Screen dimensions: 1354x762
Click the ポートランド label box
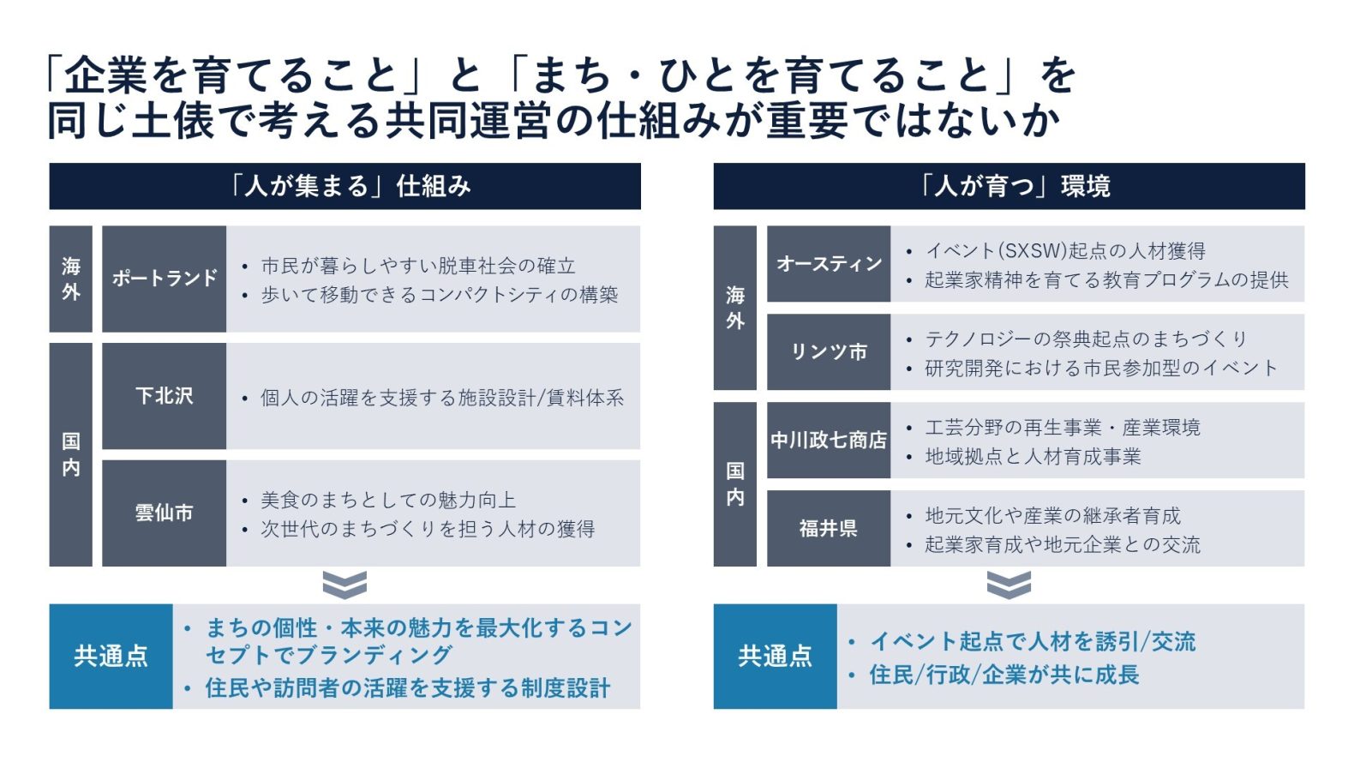(x=164, y=279)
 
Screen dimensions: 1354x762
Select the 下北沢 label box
(x=164, y=396)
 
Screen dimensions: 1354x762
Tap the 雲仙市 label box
(x=164, y=513)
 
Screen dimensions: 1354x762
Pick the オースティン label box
(x=829, y=264)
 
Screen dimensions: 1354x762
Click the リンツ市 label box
(x=829, y=352)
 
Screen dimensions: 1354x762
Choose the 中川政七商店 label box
(x=829, y=441)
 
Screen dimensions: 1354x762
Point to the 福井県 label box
(x=829, y=529)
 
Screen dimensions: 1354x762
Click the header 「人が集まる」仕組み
(x=345, y=186)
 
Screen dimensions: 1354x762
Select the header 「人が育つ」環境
(x=1010, y=186)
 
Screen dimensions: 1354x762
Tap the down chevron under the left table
(x=344, y=585)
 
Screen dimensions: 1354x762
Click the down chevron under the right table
(x=1009, y=585)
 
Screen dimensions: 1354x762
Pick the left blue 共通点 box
(x=111, y=657)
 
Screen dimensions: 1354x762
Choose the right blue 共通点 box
(x=776, y=657)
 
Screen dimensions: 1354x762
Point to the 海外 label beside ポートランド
(x=71, y=279)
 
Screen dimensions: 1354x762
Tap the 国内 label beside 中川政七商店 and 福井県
(x=735, y=484)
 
